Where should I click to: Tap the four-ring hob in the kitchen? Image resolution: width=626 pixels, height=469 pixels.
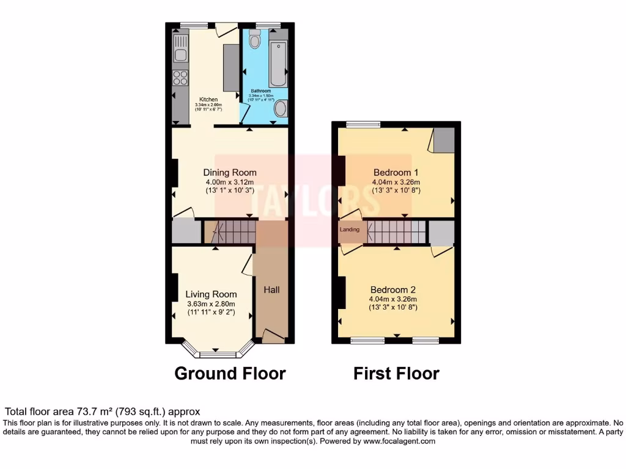pyautogui.click(x=180, y=78)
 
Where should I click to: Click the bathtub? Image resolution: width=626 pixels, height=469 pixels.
pyautogui.click(x=278, y=64)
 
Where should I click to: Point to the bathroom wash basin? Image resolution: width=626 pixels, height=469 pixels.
pyautogui.click(x=280, y=109)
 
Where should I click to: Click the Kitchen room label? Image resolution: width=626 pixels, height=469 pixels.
pyautogui.click(x=208, y=100)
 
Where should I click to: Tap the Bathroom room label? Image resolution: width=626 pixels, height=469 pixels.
pyautogui.click(x=260, y=91)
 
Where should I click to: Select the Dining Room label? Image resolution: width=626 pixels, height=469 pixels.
pyautogui.click(x=230, y=172)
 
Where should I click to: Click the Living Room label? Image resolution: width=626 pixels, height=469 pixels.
pyautogui.click(x=211, y=294)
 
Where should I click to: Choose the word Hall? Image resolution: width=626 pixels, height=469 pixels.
pyautogui.click(x=271, y=289)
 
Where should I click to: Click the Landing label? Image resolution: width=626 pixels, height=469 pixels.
pyautogui.click(x=350, y=230)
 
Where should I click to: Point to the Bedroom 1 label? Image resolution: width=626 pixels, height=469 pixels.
pyautogui.click(x=396, y=172)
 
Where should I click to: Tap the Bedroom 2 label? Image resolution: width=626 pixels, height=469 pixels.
pyautogui.click(x=393, y=289)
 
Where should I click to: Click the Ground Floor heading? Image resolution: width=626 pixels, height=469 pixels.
pyautogui.click(x=230, y=373)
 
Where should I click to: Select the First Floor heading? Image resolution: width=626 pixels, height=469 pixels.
pyautogui.click(x=396, y=373)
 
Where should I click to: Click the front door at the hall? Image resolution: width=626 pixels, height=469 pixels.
pyautogui.click(x=273, y=335)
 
